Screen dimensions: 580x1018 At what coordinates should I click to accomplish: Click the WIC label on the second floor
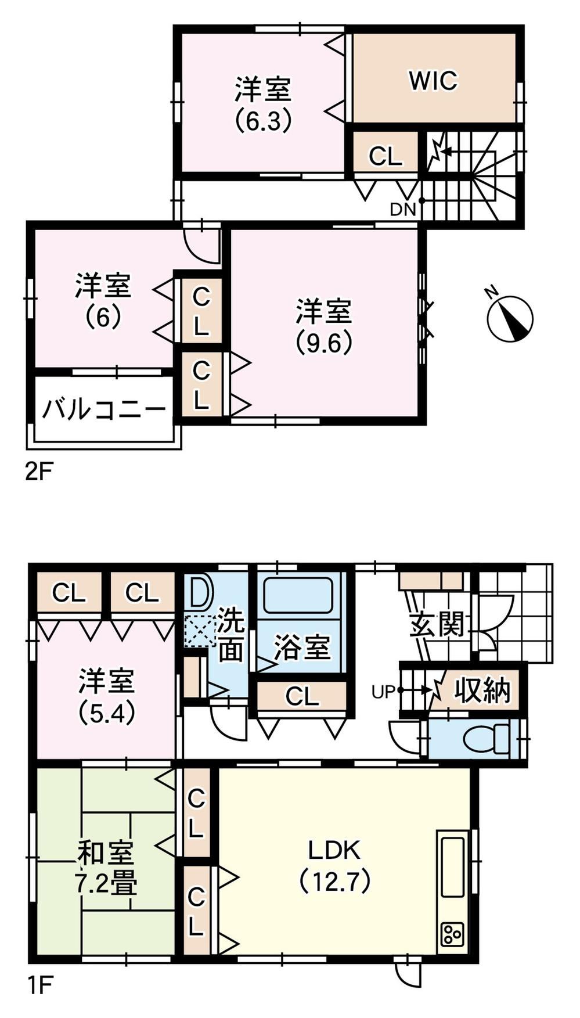(433, 80)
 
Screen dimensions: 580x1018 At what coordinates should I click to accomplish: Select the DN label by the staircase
(403, 210)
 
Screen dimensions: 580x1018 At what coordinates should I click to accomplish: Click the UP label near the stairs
(384, 692)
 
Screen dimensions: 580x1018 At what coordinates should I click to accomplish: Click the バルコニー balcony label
(104, 410)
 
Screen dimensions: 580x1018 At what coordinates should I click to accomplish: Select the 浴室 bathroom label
(302, 647)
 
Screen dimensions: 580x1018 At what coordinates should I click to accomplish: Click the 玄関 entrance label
(438, 624)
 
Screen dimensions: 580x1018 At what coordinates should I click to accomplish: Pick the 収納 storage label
(482, 690)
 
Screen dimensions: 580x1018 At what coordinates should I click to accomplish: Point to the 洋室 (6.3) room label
(263, 105)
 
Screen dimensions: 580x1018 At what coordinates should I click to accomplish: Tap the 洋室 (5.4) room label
(107, 696)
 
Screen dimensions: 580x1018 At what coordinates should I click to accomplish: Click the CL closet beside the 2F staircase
(386, 156)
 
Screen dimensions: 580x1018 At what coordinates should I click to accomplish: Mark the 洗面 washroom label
(230, 637)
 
